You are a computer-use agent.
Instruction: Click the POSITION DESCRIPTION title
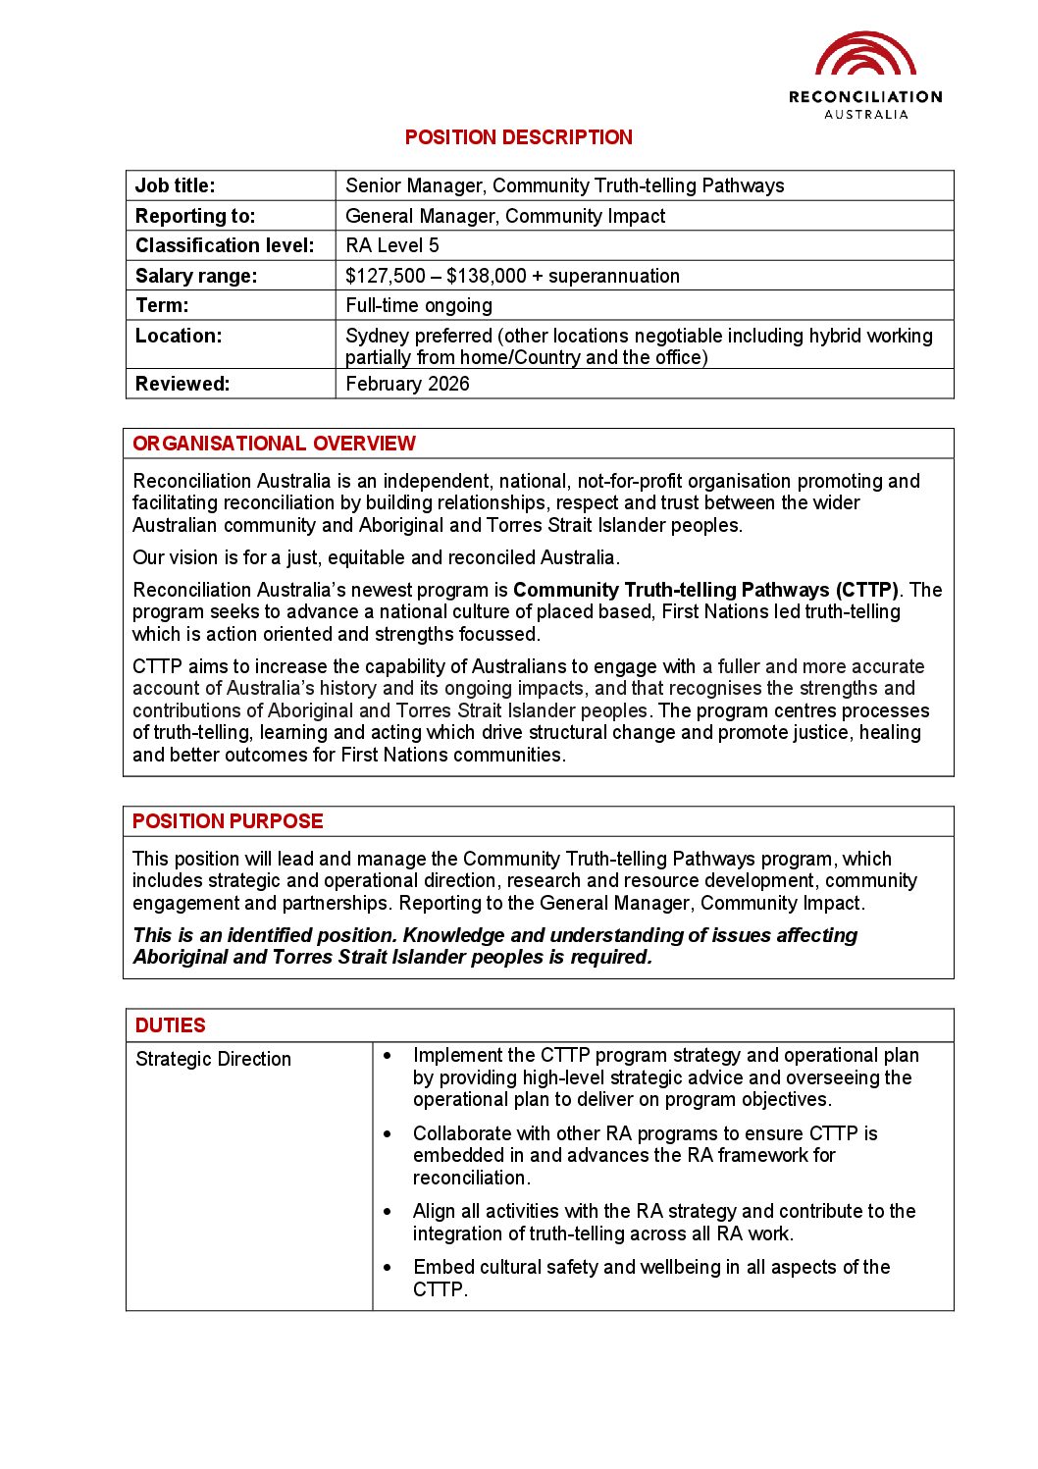pyautogui.click(x=518, y=137)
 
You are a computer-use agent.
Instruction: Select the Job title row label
pyautogui.click(x=175, y=185)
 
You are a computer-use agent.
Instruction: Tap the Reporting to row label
pyautogui.click(x=194, y=216)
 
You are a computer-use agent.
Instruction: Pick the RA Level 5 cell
pyautogui.click(x=391, y=245)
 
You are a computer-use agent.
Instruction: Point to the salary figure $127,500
pyautogui.click(x=386, y=276)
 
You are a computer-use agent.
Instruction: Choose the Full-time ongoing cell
pyautogui.click(x=419, y=305)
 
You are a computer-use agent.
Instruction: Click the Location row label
pyautogui.click(x=179, y=336)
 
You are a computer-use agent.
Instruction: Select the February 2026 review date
pyautogui.click(x=407, y=384)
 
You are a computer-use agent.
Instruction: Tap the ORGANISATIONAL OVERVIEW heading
pyautogui.click(x=274, y=444)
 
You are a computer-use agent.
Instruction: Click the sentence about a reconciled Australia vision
pyautogui.click(x=376, y=557)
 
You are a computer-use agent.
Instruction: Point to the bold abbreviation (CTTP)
pyautogui.click(x=867, y=590)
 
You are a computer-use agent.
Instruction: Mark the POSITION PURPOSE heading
pyautogui.click(x=228, y=821)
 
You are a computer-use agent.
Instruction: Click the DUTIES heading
pyautogui.click(x=171, y=1025)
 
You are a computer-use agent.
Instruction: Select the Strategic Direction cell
pyautogui.click(x=213, y=1059)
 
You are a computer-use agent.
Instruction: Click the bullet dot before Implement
pyautogui.click(x=388, y=1056)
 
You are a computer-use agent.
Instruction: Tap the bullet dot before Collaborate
pyautogui.click(x=388, y=1133)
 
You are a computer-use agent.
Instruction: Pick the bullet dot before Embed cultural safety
pyautogui.click(x=388, y=1268)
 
